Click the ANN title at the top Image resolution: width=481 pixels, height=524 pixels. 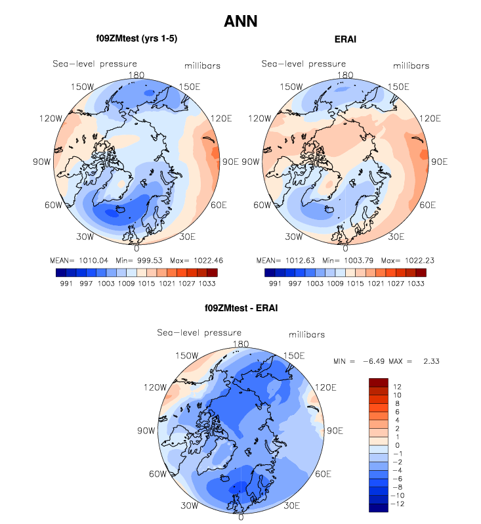pos(240,21)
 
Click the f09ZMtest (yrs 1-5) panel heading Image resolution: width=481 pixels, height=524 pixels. pos(136,39)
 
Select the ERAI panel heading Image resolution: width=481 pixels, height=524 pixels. pos(345,39)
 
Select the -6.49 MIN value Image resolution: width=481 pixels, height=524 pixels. pos(373,360)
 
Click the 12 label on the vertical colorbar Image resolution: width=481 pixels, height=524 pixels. pos(398,387)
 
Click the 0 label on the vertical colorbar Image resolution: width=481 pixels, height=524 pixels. pos(396,445)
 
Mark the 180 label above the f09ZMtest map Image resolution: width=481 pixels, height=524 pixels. pos(136,75)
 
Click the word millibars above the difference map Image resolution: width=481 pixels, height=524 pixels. pos(306,335)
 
